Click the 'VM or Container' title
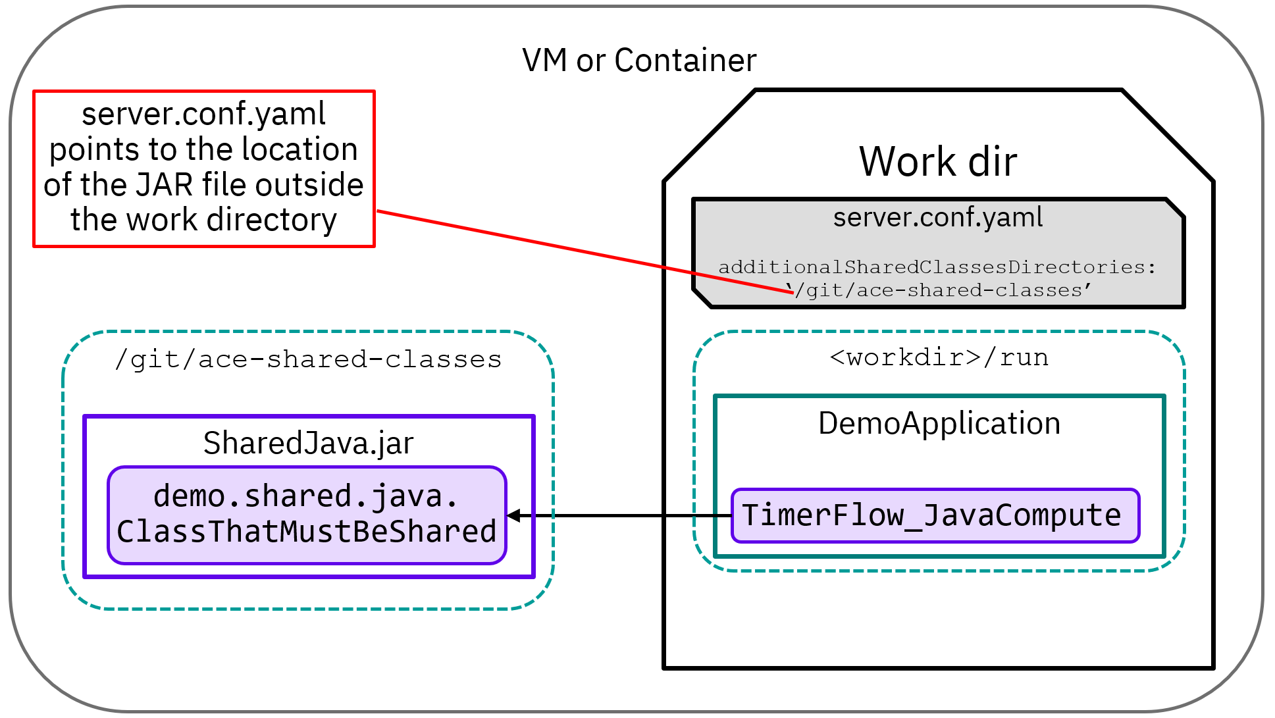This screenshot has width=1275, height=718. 638,61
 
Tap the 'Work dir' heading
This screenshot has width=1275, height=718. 937,161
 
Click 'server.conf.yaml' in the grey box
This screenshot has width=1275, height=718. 937,217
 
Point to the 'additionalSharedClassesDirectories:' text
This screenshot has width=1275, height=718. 937,267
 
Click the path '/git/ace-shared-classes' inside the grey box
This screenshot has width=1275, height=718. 941,290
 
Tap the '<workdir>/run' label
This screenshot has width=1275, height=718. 939,357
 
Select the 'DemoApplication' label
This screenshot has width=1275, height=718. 939,423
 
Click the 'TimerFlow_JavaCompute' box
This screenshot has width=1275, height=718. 935,515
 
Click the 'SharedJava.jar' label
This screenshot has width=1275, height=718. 308,443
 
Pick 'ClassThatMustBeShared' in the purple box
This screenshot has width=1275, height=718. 307,532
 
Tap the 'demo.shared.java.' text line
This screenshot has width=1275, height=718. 305,496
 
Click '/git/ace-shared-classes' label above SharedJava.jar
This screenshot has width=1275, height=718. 308,359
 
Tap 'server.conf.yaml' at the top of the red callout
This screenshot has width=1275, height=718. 203,114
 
